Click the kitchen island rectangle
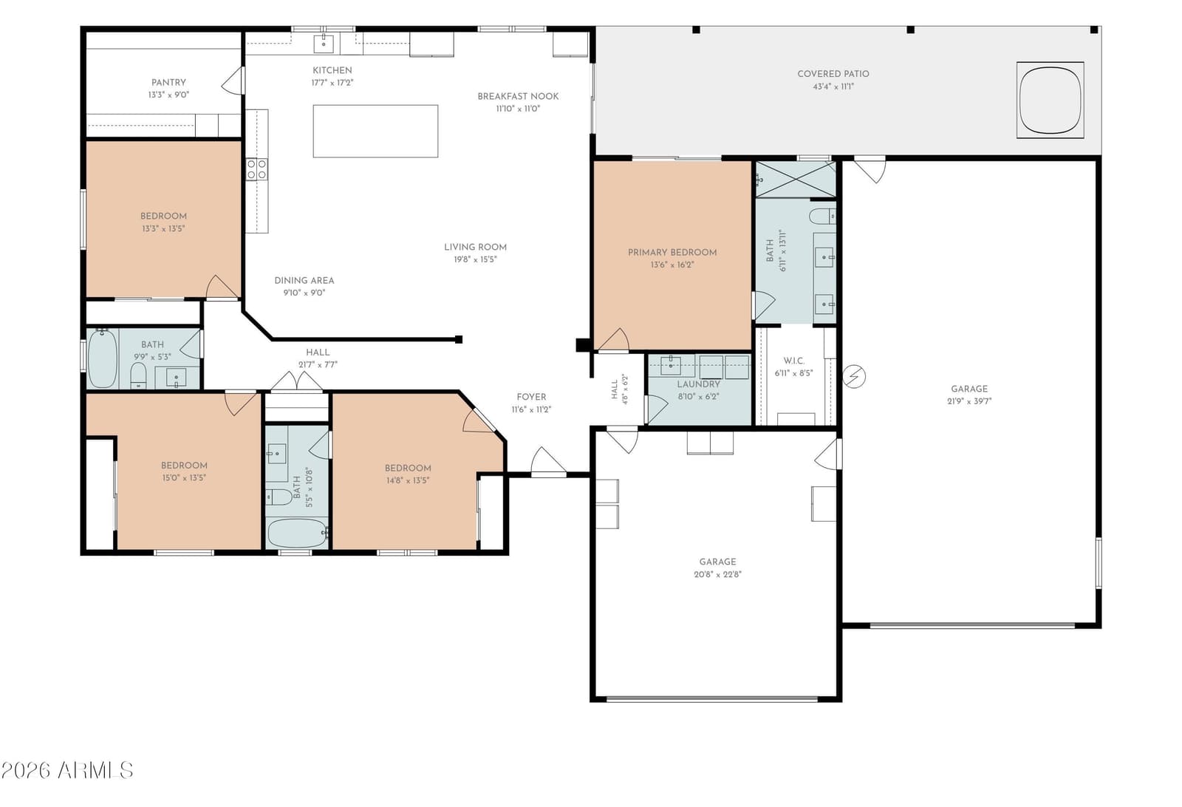click(x=375, y=131)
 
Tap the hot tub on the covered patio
click(x=1050, y=101)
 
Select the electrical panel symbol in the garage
click(x=854, y=377)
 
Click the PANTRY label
click(x=168, y=82)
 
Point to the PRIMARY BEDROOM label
click(x=672, y=252)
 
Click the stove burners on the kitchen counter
click(x=256, y=169)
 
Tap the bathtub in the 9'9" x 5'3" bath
click(x=102, y=359)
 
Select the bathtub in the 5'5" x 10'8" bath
click(x=297, y=534)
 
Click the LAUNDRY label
click(x=699, y=384)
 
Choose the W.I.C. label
click(x=793, y=361)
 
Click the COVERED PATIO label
click(x=833, y=74)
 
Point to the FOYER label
click(x=531, y=397)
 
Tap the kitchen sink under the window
click(x=324, y=44)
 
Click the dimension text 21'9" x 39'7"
click(x=969, y=401)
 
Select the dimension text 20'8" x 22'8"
click(x=717, y=574)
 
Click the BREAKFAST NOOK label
click(x=518, y=96)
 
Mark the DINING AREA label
click(x=304, y=280)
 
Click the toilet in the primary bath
click(x=822, y=216)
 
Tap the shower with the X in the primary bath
click(x=796, y=180)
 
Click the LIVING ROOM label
click(x=475, y=247)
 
